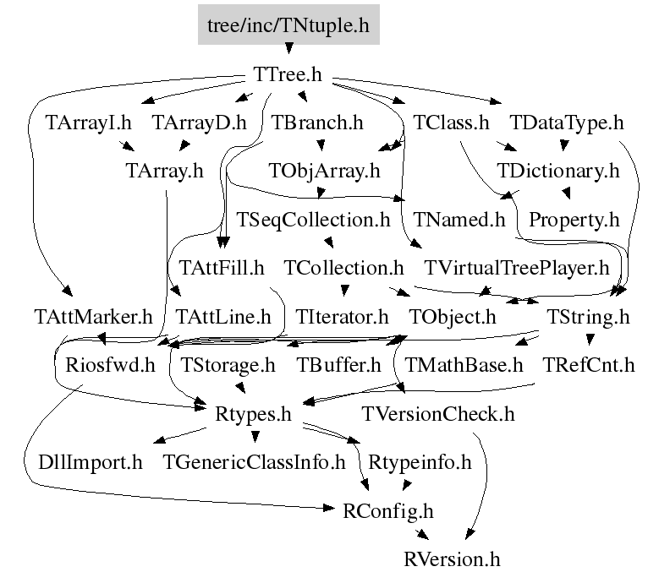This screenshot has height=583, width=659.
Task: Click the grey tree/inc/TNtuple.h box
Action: [x=288, y=25]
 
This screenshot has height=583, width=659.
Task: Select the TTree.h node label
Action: [x=288, y=74]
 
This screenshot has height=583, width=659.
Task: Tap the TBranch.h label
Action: [x=317, y=123]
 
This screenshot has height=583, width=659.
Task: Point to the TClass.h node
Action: [x=451, y=123]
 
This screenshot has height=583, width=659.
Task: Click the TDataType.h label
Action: [x=567, y=123]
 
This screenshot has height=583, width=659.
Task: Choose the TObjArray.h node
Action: [x=324, y=172]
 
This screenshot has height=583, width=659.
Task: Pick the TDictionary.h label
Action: [x=558, y=172]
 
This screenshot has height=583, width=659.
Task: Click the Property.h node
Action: [x=574, y=220]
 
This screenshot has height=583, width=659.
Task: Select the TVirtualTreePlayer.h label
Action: [x=517, y=268]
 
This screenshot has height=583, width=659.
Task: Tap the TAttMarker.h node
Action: [x=93, y=317]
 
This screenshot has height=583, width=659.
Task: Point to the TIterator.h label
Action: [x=342, y=317]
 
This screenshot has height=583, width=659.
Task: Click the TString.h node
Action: [x=588, y=317]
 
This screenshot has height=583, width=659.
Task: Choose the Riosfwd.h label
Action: [x=110, y=365]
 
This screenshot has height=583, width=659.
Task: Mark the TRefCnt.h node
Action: [x=589, y=365]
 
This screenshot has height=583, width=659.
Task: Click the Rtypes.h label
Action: [x=253, y=414]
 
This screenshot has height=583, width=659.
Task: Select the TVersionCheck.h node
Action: [x=438, y=414]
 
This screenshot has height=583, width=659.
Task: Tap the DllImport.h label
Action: [x=91, y=462]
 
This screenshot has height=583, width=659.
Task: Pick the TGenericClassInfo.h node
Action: [x=254, y=462]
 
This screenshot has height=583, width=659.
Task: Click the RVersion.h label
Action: [x=452, y=559]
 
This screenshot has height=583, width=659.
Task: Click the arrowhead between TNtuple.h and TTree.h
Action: [x=288, y=48]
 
